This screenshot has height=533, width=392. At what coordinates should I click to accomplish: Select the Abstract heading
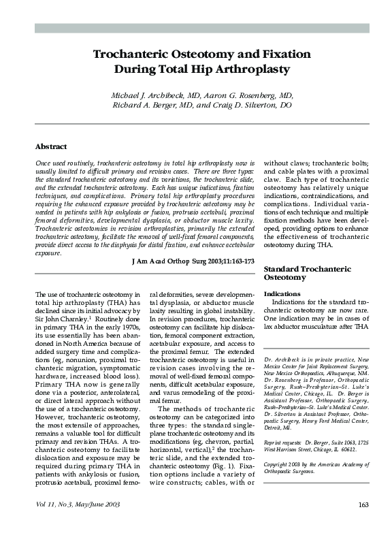pos(51,146)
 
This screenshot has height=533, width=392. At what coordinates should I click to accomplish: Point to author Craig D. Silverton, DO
pos(251,106)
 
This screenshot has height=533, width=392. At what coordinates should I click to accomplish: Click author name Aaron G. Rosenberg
pos(241,95)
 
